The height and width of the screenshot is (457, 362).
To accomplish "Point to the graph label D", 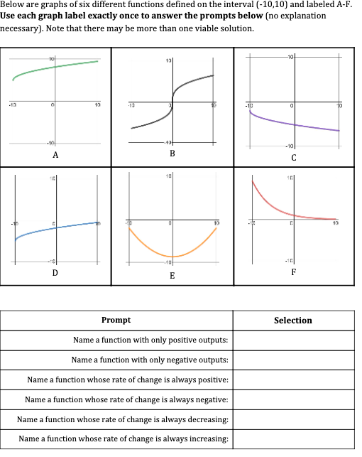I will [x=55, y=272].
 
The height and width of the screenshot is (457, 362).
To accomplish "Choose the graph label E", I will [x=173, y=275].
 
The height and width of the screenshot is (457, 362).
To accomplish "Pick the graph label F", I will [x=293, y=272].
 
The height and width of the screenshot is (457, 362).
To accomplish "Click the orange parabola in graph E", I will [x=173, y=255].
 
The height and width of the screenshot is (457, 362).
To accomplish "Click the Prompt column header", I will [x=116, y=321].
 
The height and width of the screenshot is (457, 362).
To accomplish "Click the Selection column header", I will [x=292, y=321].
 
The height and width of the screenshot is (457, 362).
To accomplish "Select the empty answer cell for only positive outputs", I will [x=292, y=340].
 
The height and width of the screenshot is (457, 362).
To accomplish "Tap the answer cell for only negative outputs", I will [x=292, y=360].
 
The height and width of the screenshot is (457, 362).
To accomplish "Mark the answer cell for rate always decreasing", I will [x=292, y=420].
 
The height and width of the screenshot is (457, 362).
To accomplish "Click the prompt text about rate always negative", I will [x=126, y=400].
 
